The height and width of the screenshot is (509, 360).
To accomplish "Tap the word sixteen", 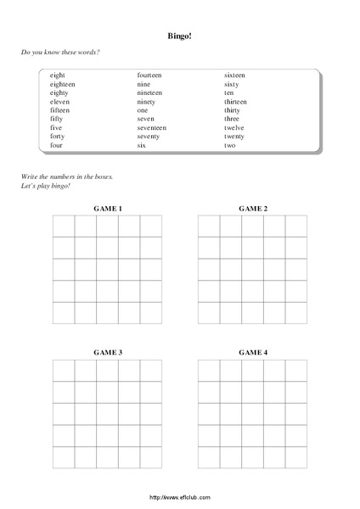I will click(235, 76).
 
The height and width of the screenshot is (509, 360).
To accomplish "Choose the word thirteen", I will click(236, 101).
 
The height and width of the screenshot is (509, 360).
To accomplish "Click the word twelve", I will click(234, 127).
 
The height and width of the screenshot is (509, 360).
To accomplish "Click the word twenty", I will click(234, 136).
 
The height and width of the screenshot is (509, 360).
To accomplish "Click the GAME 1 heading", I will click(108, 208).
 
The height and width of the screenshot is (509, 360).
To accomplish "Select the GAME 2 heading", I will click(253, 208).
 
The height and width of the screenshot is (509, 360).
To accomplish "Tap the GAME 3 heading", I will click(108, 351).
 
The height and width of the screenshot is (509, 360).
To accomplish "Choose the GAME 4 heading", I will click(253, 351).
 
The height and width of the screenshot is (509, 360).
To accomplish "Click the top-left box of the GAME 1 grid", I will click(64, 226).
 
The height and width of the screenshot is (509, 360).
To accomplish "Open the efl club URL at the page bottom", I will click(179, 497).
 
